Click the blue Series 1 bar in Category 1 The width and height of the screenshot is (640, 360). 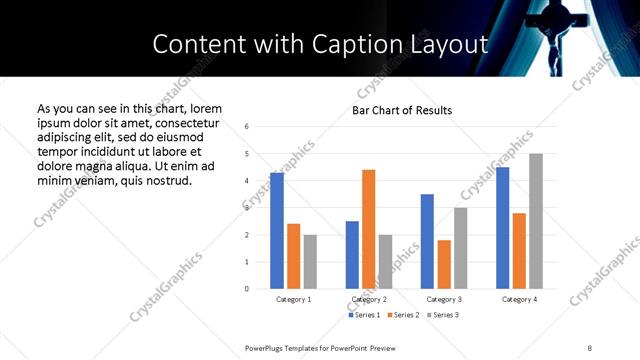277,231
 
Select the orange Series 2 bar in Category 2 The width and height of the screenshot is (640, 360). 369,229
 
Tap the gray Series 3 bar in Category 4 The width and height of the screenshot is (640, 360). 536,221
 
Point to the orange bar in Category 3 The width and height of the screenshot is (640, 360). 444,264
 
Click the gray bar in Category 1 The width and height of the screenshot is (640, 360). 310,262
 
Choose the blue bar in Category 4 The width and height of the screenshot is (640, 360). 503,228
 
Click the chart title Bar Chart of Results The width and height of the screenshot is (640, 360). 402,110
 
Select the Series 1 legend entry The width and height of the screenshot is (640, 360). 363,315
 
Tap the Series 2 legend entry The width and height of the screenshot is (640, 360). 402,315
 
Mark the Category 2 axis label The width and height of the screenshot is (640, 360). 369,299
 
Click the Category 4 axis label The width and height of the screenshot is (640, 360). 519,299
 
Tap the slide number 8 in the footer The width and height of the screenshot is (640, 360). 590,347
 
